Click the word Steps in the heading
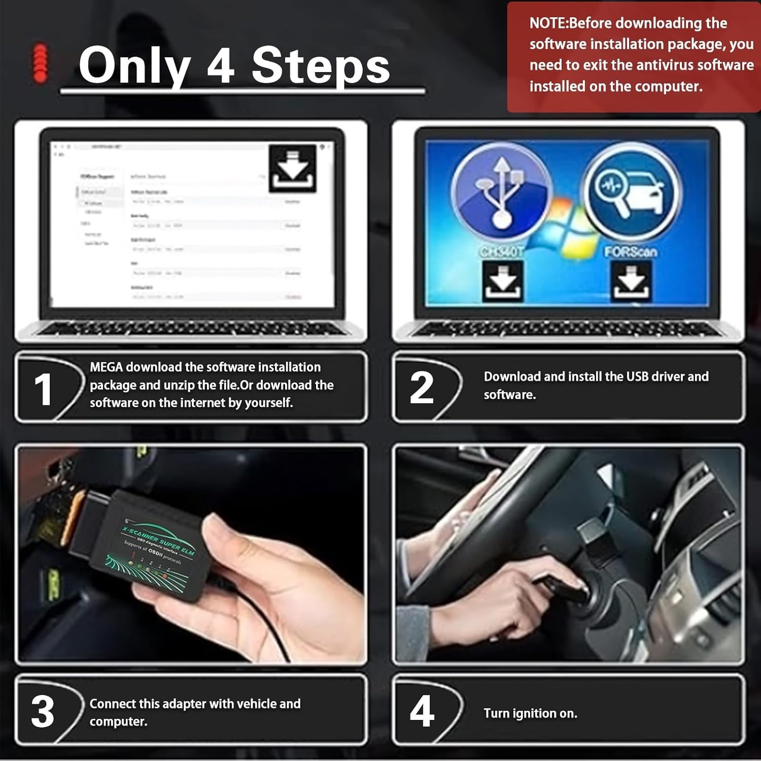(321, 66)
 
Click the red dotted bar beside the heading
(40, 63)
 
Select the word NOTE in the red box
(548, 23)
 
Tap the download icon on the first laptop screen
(292, 169)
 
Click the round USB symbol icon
(501, 193)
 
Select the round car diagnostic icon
(631, 193)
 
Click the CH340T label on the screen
(501, 252)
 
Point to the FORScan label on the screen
(631, 252)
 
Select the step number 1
(43, 390)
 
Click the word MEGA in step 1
(107, 367)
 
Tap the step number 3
(43, 711)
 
